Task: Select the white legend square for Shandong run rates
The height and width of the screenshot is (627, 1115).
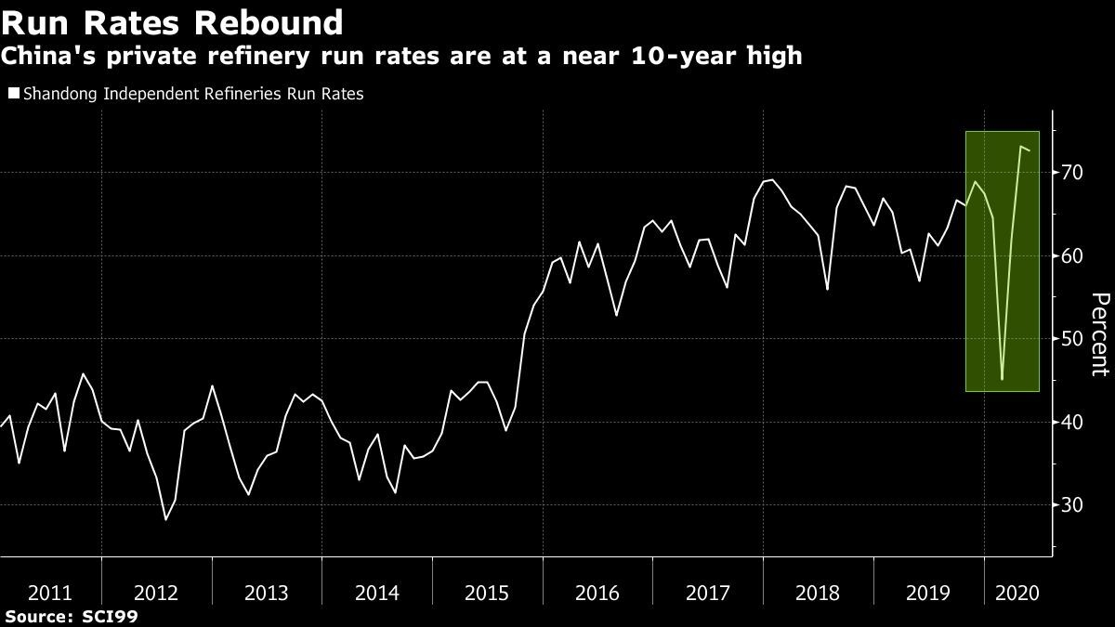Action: (12, 94)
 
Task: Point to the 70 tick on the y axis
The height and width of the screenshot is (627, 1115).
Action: (1074, 173)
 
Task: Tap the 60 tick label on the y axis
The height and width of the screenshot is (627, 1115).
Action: (1074, 255)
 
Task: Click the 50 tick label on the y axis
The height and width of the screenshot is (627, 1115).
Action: (1074, 339)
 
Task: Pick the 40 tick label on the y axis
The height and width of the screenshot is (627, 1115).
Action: (1074, 422)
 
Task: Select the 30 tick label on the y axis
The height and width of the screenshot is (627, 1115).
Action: (1074, 504)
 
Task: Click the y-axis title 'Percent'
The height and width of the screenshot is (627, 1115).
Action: (1100, 333)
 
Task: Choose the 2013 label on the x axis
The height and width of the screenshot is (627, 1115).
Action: (268, 593)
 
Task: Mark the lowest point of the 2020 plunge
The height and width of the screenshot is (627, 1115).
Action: (1002, 379)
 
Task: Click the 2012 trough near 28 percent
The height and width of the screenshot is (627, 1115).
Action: (165, 519)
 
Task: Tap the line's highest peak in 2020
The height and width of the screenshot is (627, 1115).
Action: (1021, 147)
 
